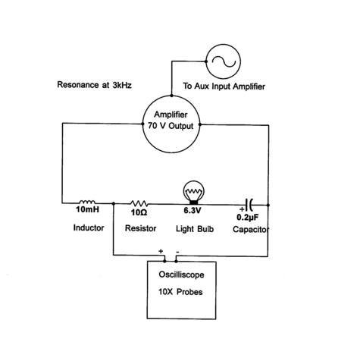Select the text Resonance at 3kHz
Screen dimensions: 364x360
(x=95, y=86)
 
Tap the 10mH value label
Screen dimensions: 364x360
(x=86, y=213)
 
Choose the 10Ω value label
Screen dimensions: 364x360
(x=138, y=213)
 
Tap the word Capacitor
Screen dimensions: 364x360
(x=251, y=228)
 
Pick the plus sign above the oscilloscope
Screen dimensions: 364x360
(x=161, y=251)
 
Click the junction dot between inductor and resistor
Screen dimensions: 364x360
(x=114, y=203)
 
